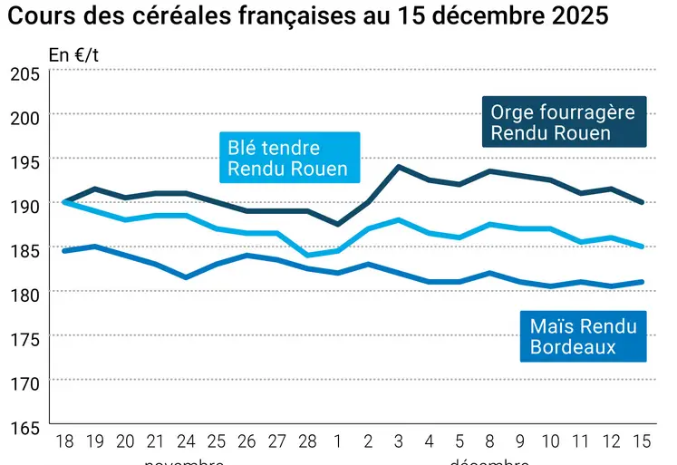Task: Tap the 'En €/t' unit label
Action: [x=73, y=55]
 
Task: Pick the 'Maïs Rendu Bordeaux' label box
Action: [x=583, y=336]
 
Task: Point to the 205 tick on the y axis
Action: [x=24, y=74]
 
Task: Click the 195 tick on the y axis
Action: [x=24, y=163]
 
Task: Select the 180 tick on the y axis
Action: [x=24, y=295]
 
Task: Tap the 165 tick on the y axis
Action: [x=24, y=428]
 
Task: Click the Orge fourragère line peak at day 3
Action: [x=399, y=167]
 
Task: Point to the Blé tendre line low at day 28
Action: [x=307, y=256]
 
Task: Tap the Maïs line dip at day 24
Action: [x=185, y=277]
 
